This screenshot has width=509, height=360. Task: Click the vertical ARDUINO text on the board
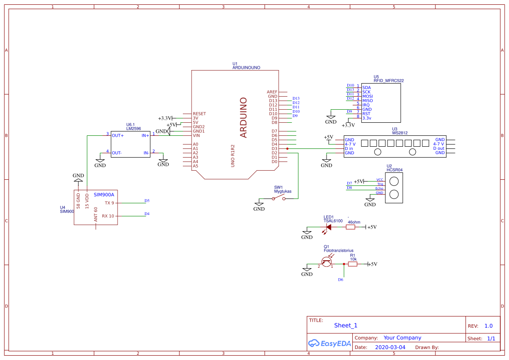click(243, 118)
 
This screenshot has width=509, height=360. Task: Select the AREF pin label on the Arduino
click(272, 92)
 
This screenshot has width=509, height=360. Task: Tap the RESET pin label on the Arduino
click(199, 114)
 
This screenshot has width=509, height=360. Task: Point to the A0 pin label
click(196, 144)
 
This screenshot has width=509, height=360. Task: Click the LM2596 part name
click(133, 128)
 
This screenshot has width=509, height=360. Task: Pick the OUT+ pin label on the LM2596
click(118, 135)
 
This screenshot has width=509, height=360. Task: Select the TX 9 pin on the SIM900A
click(109, 203)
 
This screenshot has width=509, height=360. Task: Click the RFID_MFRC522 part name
click(388, 81)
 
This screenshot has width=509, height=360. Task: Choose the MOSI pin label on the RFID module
click(367, 96)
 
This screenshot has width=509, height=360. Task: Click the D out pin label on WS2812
click(438, 148)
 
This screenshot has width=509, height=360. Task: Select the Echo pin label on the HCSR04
click(379, 188)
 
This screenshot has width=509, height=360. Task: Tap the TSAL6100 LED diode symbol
click(329, 227)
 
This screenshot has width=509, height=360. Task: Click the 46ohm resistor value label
click(354, 222)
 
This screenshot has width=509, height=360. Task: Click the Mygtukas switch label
click(283, 192)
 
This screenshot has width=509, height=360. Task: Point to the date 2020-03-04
click(390, 347)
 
